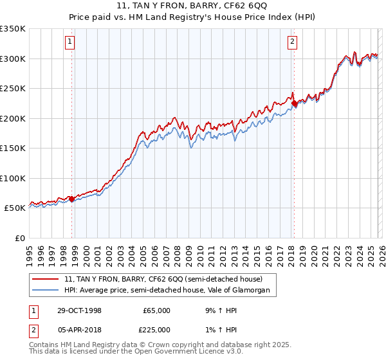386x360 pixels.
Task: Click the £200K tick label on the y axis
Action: (13, 118)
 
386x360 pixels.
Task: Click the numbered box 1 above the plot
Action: (69, 42)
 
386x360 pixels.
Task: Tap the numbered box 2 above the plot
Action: (292, 42)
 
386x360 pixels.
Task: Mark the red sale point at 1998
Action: (72, 199)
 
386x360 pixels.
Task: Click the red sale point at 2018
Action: (294, 103)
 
